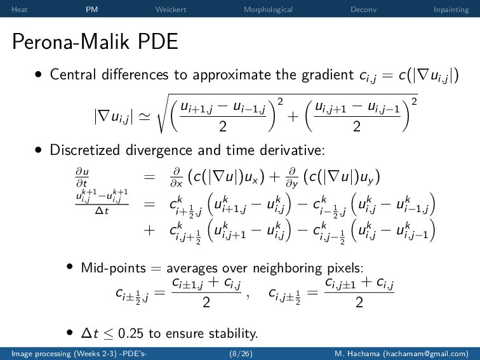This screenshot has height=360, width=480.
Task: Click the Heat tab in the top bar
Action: (x=19, y=10)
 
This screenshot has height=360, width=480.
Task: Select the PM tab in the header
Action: (x=92, y=10)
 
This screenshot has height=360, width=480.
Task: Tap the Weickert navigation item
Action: (x=171, y=10)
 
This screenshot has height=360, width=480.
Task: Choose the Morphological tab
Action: (x=268, y=10)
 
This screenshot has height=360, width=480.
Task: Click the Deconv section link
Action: (x=363, y=10)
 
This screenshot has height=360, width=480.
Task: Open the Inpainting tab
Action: (x=451, y=10)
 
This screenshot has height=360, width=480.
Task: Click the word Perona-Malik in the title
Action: (x=70, y=41)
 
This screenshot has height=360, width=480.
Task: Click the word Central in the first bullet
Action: (x=72, y=74)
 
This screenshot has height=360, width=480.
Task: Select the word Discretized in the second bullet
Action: (x=84, y=150)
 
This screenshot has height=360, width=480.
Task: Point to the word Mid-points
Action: (x=113, y=268)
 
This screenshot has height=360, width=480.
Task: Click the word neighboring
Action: (x=287, y=269)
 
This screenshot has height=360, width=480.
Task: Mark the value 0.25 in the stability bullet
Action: (x=130, y=333)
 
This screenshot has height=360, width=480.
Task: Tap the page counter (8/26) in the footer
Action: (x=241, y=354)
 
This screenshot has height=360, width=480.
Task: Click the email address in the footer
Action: (x=425, y=354)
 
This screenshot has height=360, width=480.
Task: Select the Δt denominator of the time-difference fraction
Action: (x=102, y=211)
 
